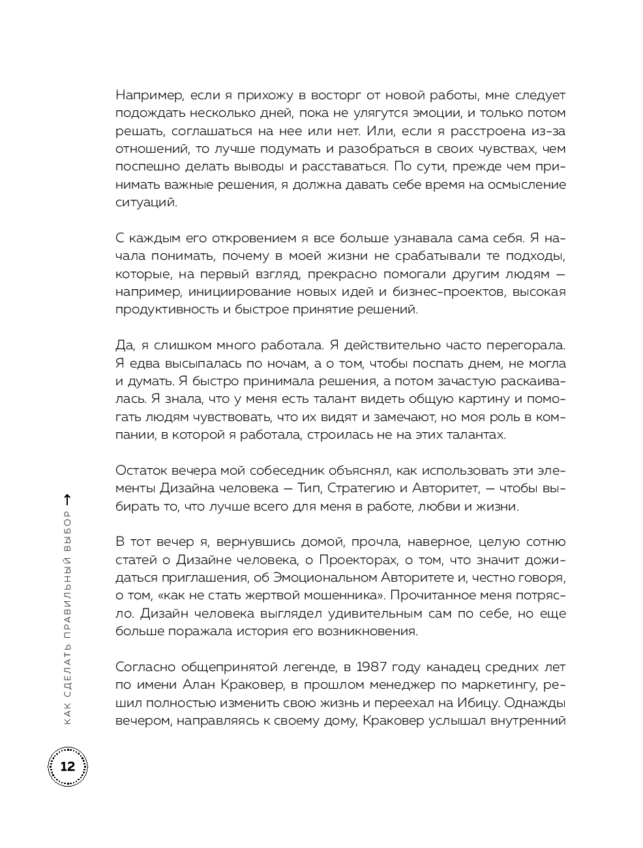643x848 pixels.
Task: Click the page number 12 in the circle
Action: pos(67,766)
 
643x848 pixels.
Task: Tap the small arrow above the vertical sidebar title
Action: pos(68,500)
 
